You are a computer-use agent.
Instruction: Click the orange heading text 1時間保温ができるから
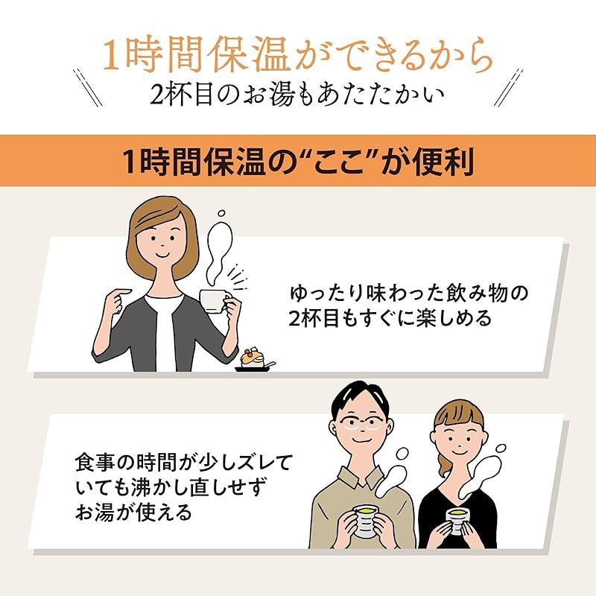[297, 56]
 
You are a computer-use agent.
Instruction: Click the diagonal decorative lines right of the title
[509, 86]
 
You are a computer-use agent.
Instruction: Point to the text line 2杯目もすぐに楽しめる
[390, 318]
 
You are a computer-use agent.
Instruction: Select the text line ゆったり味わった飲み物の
[409, 293]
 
